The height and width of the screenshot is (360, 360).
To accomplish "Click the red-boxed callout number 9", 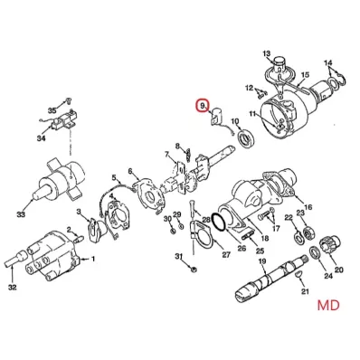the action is pyautogui.click(x=202, y=106).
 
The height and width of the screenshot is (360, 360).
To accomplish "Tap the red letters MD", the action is pyautogui.click(x=328, y=305).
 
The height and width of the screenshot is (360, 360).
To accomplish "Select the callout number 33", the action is pyautogui.click(x=21, y=214).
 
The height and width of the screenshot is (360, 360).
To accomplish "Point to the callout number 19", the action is pyautogui.click(x=262, y=261).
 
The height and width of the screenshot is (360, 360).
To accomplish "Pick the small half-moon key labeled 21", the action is pyautogui.click(x=298, y=274).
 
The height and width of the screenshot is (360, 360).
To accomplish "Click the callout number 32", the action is pyautogui.click(x=12, y=288).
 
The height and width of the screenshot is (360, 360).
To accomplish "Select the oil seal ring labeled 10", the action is pyautogui.click(x=247, y=137).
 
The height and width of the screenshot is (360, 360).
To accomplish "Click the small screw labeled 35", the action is pyautogui.click(x=69, y=99).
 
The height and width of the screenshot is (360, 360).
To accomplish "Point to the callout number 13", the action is pyautogui.click(x=267, y=53).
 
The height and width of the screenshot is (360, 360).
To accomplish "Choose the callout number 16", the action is pyautogui.click(x=308, y=207).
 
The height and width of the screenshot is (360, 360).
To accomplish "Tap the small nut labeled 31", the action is pyautogui.click(x=194, y=269).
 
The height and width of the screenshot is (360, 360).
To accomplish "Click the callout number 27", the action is pyautogui.click(x=226, y=254).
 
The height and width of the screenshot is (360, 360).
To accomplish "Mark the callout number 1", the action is pyautogui.click(x=93, y=259).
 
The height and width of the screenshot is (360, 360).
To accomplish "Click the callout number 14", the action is pyautogui.click(x=328, y=62).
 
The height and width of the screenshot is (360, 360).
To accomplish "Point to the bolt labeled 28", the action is pyautogui.click(x=193, y=209).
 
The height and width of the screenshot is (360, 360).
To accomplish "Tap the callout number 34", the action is pyautogui.click(x=42, y=138).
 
